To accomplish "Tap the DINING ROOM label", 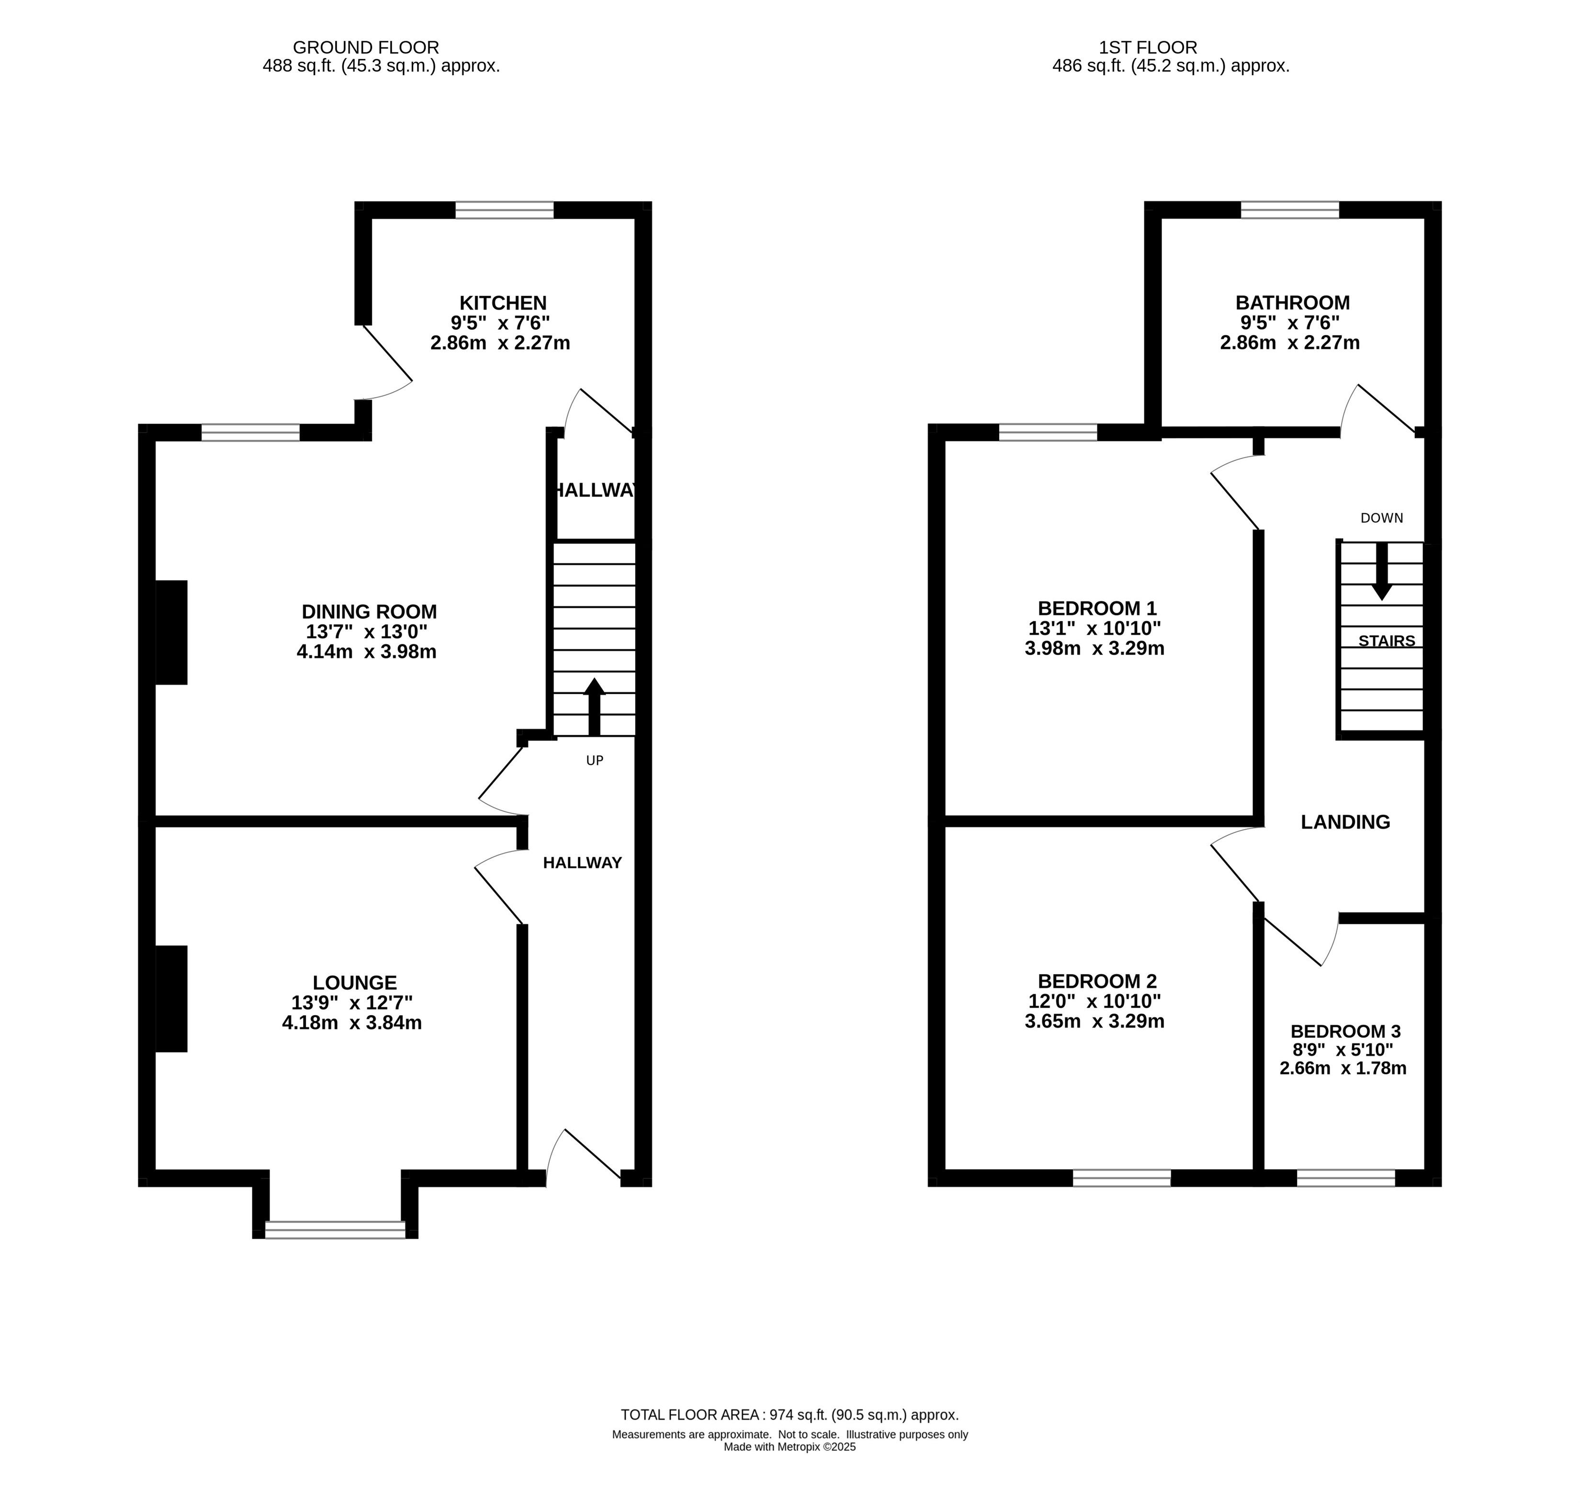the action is [369, 611].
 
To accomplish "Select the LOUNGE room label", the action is [354, 982].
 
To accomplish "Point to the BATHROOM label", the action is [1292, 303].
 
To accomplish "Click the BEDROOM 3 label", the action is [1345, 1031].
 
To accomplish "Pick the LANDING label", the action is [1345, 821].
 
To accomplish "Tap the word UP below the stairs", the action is [595, 760].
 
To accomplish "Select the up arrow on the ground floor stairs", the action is [594, 707].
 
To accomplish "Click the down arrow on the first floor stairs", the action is [1381, 571].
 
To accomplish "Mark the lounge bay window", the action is [335, 1230].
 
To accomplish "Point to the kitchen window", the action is [504, 210].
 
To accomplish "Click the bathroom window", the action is [1290, 210].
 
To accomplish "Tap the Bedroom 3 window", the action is [1346, 1178].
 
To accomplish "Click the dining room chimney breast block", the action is [170, 632].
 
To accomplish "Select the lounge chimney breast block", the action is [170, 998].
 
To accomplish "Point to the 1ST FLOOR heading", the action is [1148, 48].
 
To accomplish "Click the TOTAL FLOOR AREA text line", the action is [789, 1415].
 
